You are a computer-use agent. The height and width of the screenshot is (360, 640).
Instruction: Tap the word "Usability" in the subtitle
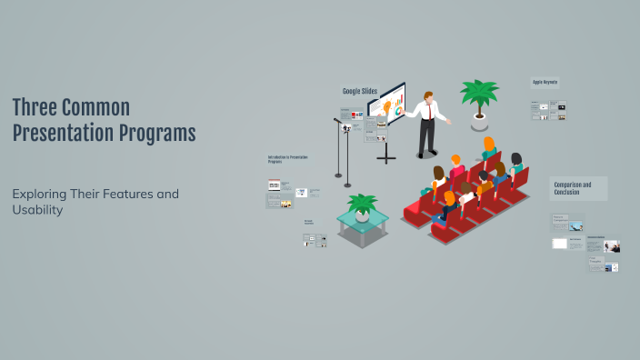(x=38, y=210)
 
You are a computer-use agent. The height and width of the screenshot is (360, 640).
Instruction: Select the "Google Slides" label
(x=359, y=91)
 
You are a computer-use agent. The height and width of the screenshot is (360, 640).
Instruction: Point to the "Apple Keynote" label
(x=545, y=83)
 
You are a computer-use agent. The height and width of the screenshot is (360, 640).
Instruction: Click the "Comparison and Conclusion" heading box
(x=578, y=188)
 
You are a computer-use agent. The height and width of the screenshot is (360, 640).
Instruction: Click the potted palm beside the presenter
(x=478, y=95)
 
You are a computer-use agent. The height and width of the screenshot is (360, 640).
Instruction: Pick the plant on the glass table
(x=362, y=204)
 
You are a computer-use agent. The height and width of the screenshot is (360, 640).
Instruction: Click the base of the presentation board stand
(x=386, y=158)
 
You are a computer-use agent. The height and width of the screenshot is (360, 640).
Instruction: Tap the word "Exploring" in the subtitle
(x=42, y=194)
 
